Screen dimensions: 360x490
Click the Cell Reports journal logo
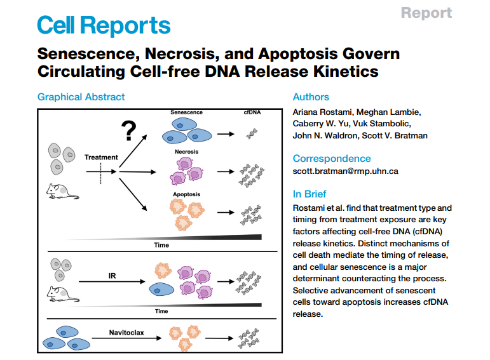tap(104, 26)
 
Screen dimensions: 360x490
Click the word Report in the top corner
tap(426, 13)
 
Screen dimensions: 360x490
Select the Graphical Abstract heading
tap(81, 97)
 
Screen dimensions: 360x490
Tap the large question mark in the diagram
tap(128, 131)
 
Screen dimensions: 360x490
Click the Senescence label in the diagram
tap(186, 112)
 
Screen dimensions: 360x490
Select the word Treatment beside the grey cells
tap(101, 157)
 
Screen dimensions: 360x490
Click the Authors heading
tap(311, 97)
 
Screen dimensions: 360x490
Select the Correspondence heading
tap(331, 159)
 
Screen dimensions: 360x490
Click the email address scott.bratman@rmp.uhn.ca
tap(345, 171)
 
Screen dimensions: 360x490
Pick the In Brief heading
tap(309, 194)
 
